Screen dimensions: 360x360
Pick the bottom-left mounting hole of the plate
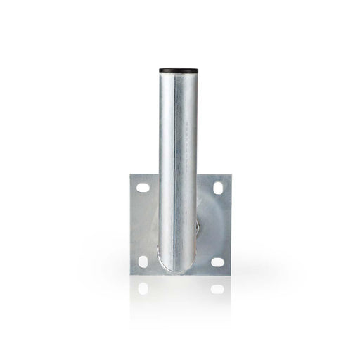pos(143,261)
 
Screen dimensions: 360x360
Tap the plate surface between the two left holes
pos(143,225)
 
